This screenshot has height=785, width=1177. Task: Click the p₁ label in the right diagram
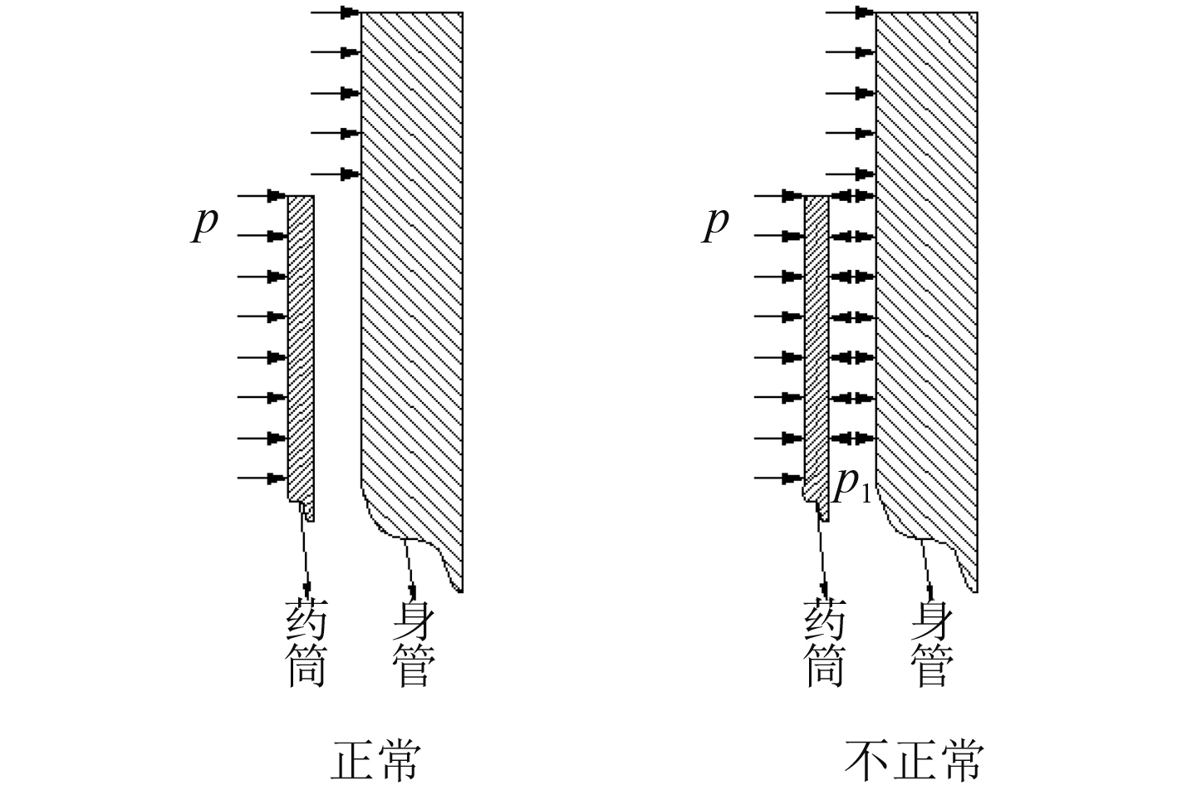(851, 485)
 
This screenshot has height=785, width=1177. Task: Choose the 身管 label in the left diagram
(413, 644)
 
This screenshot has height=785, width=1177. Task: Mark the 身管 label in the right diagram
(931, 644)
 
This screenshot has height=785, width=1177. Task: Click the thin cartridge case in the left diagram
(301, 349)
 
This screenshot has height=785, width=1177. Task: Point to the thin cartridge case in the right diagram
(817, 349)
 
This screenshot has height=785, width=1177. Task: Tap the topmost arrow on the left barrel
(336, 12)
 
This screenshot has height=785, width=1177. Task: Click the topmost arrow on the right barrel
(851, 12)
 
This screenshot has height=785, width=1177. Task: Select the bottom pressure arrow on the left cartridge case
(262, 478)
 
